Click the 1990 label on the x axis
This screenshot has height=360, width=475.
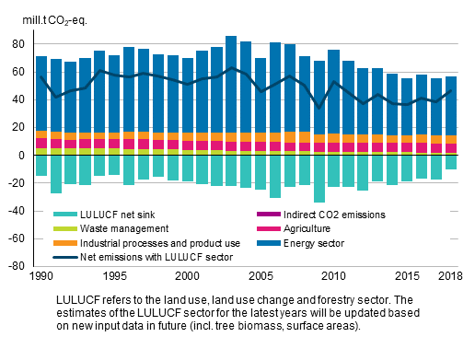pos(41,276)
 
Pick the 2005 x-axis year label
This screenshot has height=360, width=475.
pos(261,276)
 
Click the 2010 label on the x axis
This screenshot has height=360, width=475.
pos(332,276)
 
